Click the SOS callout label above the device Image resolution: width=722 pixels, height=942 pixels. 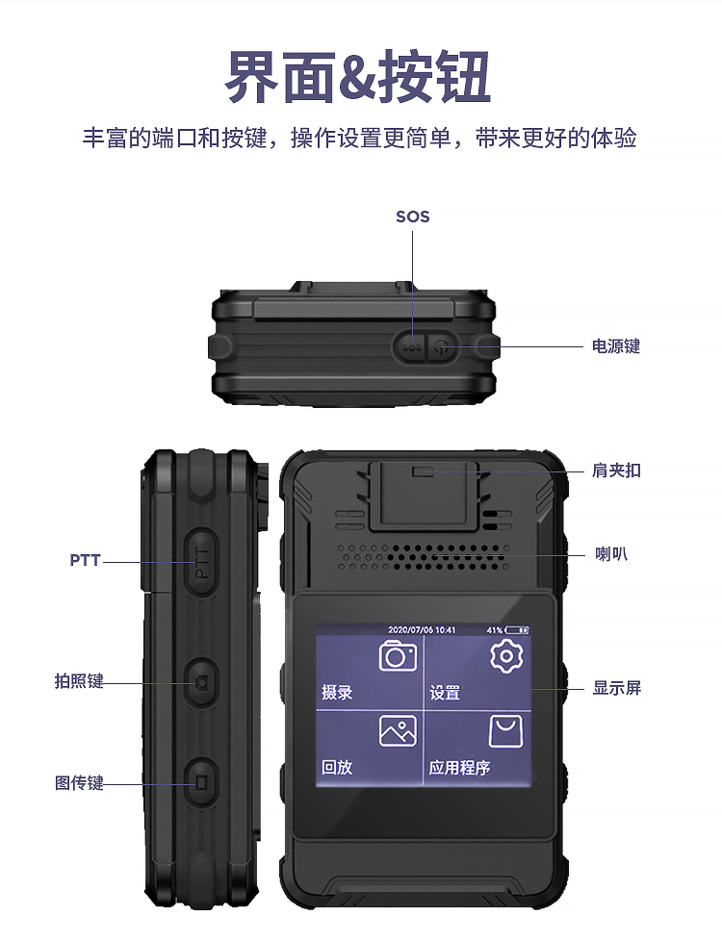412,216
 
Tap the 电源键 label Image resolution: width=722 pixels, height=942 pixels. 615,346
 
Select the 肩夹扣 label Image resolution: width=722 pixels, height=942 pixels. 616,470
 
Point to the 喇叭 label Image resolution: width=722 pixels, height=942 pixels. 611,553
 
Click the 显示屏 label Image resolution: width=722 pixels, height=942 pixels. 617,687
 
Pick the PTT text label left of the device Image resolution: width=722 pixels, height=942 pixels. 85,560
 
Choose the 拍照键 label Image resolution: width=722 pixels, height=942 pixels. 79,680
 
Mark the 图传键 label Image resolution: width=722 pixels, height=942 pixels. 79,783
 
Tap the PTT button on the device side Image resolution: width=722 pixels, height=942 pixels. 201,563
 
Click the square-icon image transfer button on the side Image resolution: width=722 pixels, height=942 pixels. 201,783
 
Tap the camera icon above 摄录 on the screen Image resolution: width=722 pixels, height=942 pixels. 398,655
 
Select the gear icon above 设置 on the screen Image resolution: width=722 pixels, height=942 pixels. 506,656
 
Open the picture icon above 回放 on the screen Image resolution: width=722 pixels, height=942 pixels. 398,730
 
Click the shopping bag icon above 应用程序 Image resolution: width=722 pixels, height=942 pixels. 505,731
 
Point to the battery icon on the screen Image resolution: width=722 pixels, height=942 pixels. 516,630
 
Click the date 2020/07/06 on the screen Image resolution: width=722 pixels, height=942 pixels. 411,630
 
